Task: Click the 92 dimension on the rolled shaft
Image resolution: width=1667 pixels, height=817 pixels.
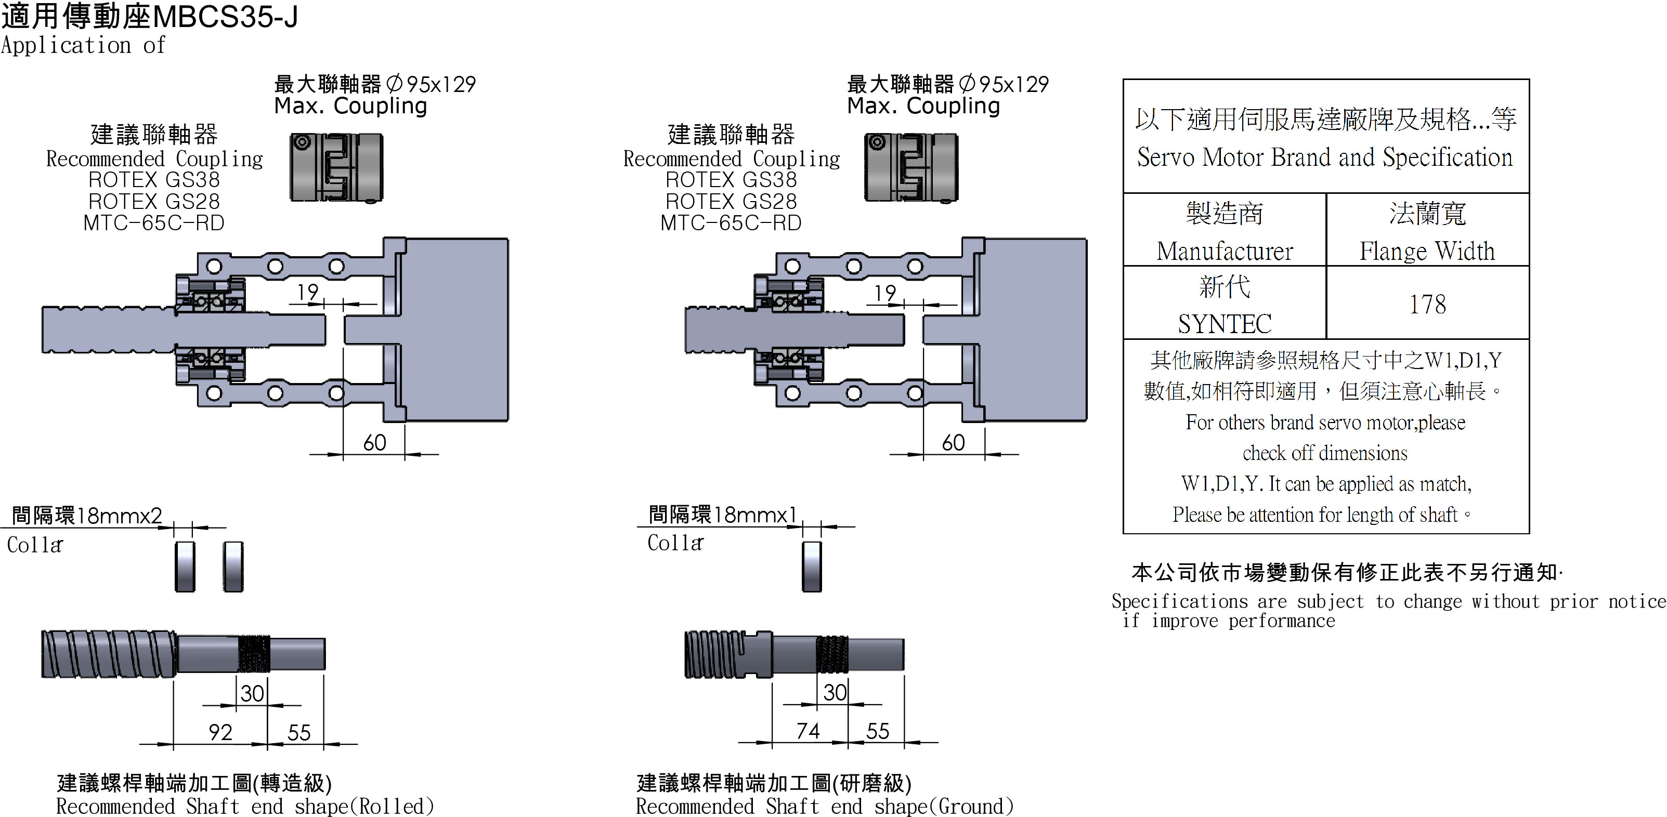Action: click(220, 732)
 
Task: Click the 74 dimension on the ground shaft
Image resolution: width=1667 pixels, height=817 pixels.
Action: click(808, 731)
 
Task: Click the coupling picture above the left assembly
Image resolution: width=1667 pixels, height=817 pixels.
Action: click(336, 167)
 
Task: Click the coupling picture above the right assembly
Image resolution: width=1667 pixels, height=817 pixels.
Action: click(910, 167)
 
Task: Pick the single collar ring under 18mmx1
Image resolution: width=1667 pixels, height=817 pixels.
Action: click(812, 566)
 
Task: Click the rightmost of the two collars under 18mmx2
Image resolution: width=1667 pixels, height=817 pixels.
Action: click(233, 566)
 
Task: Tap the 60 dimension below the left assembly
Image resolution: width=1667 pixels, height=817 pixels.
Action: click(374, 442)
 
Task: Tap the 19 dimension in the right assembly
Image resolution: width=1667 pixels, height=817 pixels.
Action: click(884, 293)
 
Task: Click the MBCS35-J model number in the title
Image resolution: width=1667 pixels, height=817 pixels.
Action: click(225, 17)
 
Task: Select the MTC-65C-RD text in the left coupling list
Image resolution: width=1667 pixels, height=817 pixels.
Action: click(154, 222)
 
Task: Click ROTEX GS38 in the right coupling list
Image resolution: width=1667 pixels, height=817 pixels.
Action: click(731, 179)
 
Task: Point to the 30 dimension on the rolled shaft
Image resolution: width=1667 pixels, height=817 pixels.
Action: click(252, 693)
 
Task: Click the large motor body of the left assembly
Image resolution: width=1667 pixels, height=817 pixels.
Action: click(456, 330)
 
